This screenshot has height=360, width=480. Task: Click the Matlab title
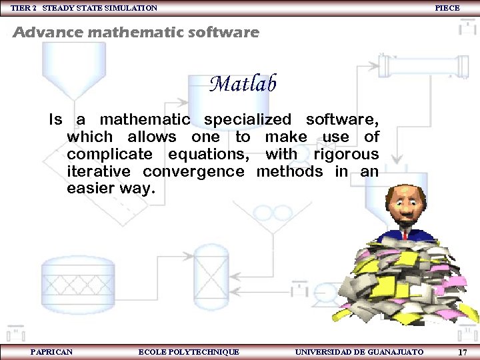coord(243,84)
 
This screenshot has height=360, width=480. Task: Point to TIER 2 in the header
coord(23,8)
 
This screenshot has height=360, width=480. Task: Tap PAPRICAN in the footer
coord(51,351)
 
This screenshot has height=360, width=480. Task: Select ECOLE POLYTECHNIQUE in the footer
coord(189,351)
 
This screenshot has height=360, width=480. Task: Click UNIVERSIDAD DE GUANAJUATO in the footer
coord(359,351)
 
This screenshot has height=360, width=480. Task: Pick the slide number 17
coord(462,351)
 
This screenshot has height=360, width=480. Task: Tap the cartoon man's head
coord(404,203)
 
